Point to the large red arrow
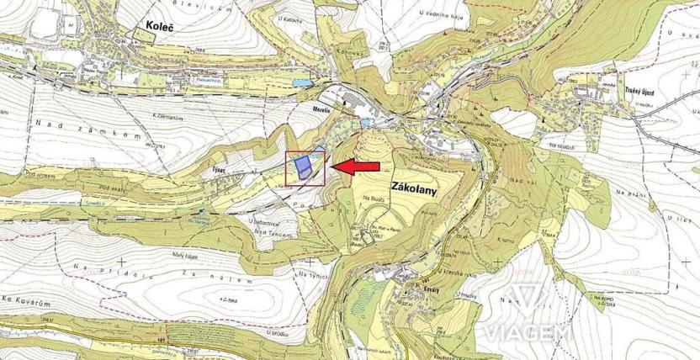pyautogui.click(x=356, y=167)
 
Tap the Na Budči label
pyautogui.click(x=374, y=199)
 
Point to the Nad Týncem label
pyautogui.click(x=272, y=232)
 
